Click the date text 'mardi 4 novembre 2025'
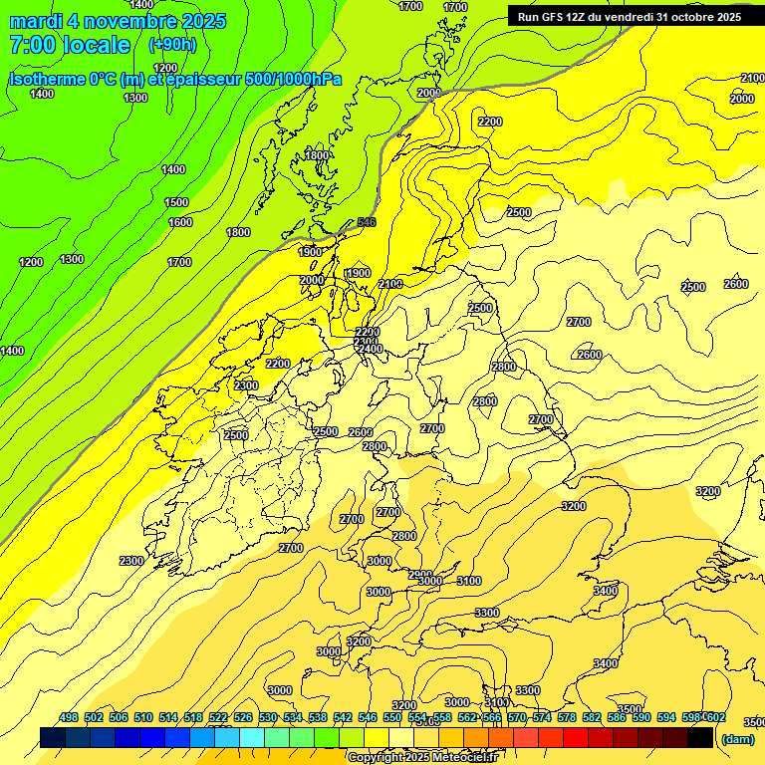point(118,21)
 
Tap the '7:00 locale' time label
point(70,45)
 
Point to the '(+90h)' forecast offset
point(172,45)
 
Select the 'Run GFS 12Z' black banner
point(630,16)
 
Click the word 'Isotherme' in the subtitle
point(49,79)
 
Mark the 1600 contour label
point(180,222)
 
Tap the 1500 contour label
point(176,202)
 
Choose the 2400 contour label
point(371,349)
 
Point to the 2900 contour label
point(419,575)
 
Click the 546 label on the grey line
point(367,222)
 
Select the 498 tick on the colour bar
point(69,717)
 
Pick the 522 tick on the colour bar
point(218,717)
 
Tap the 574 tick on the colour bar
point(542,717)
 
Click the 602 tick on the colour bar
point(715,717)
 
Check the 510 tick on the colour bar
point(143,717)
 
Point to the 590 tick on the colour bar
point(641,717)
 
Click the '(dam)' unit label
point(738,738)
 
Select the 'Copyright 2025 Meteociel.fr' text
point(423,758)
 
